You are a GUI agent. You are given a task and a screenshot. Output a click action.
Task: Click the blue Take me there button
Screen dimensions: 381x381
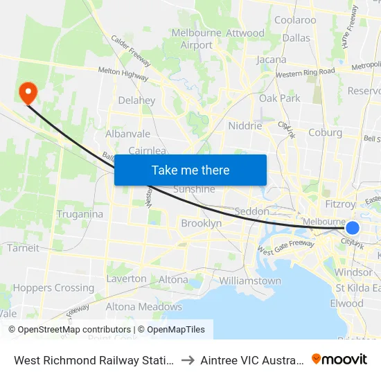[190, 170]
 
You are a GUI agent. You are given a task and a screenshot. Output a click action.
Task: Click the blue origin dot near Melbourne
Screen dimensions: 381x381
[353, 228]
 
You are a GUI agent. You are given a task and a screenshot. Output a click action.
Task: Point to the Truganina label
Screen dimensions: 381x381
[80, 214]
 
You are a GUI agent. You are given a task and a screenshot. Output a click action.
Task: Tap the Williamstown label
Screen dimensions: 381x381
[250, 281]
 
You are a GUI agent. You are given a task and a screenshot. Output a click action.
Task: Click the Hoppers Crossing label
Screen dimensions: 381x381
[53, 287]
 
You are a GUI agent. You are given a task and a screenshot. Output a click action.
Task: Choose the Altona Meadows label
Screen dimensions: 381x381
[143, 307]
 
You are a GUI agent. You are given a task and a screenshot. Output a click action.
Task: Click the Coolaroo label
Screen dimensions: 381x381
[295, 20]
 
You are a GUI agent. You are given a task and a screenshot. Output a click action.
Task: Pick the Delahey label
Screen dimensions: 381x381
[136, 100]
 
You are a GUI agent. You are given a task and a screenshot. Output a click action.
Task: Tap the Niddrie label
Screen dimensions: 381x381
[245, 126]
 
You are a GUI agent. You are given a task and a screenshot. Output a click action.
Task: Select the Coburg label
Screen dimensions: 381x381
[324, 133]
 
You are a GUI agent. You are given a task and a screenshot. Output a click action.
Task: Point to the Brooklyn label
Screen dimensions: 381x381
[201, 224]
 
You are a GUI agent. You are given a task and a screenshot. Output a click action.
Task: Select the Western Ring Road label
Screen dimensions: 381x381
[305, 72]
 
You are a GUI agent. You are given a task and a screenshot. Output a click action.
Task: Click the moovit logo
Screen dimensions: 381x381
[339, 359]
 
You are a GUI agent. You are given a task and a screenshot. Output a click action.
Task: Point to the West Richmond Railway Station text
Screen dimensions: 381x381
[94, 360]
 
